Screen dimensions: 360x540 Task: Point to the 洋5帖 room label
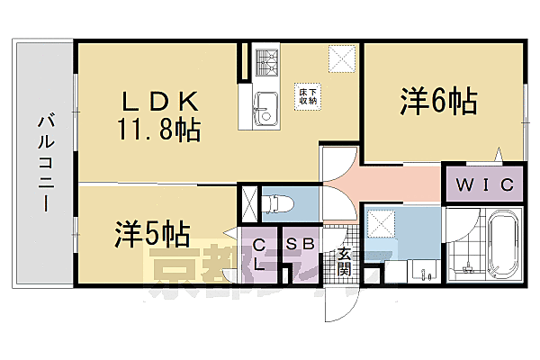point(151,234)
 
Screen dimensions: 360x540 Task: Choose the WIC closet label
point(484,185)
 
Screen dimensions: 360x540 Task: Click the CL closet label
point(259,253)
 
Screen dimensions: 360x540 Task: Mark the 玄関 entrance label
point(343,261)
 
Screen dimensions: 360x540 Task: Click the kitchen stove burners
point(266,61)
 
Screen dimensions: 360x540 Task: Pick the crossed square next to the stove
point(341,59)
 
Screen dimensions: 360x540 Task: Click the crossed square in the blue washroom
point(382,220)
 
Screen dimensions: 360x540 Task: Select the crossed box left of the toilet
point(249,201)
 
